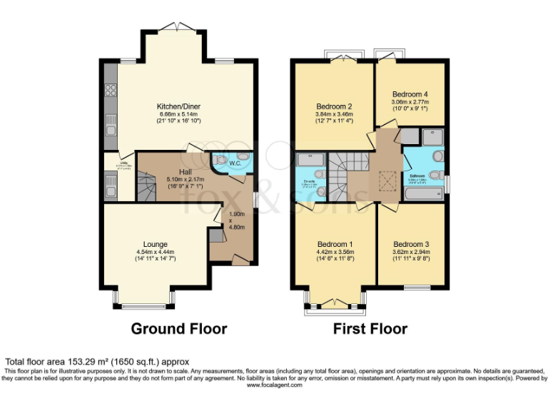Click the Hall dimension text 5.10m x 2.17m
(x=181, y=181)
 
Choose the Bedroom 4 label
(x=410, y=94)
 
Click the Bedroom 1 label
(x=335, y=244)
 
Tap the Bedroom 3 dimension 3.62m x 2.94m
(x=410, y=253)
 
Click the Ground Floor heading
(x=178, y=329)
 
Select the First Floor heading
(x=370, y=329)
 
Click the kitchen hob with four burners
(x=111, y=90)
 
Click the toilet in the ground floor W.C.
(x=220, y=160)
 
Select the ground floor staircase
(x=146, y=189)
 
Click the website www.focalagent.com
(x=274, y=385)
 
